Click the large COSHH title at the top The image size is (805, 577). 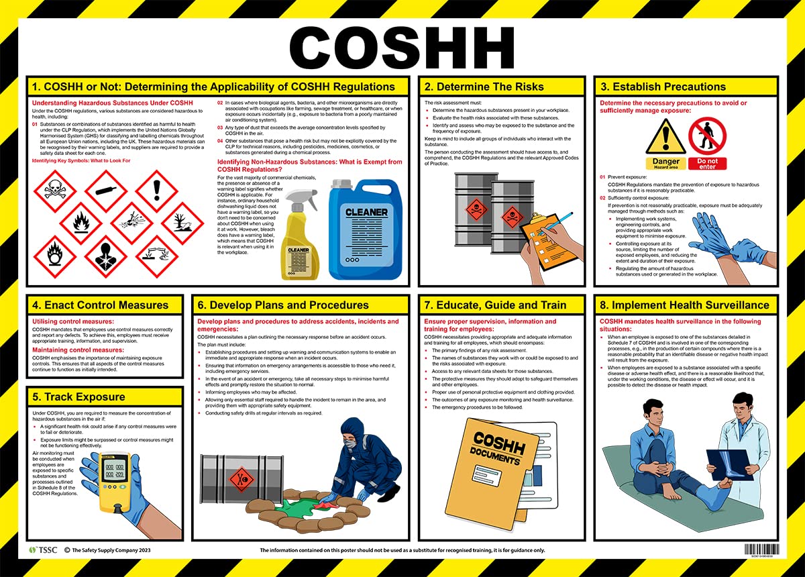(402, 47)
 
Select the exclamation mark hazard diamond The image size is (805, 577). (157, 190)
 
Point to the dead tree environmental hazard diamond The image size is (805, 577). (182, 222)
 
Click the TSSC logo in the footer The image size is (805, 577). (44, 550)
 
